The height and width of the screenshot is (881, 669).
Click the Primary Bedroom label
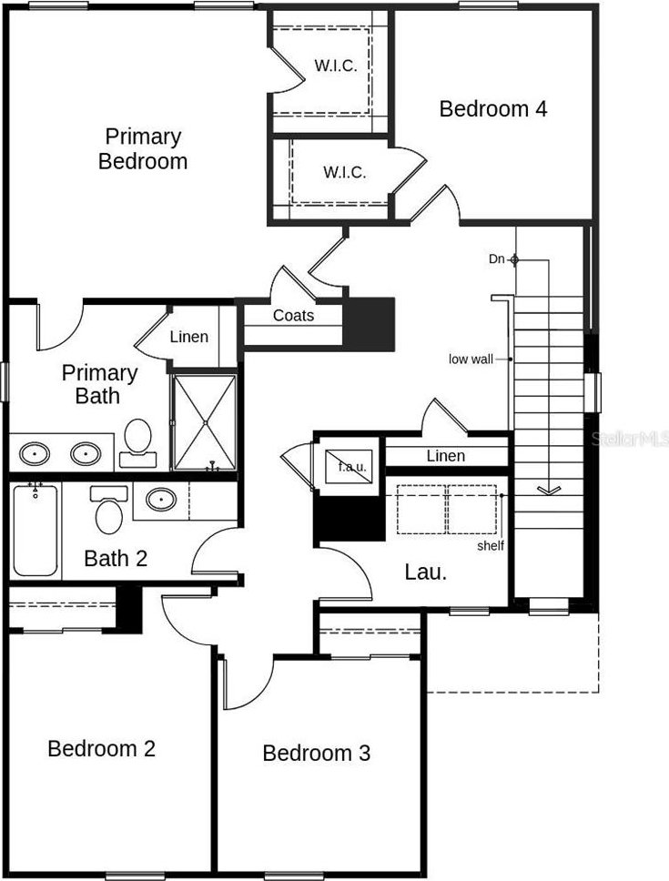tap(143, 149)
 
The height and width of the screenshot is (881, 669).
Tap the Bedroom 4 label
tap(492, 108)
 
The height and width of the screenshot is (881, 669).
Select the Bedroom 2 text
tap(101, 748)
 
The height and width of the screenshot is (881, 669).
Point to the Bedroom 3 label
tap(316, 753)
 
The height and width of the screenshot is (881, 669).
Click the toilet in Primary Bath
tap(137, 442)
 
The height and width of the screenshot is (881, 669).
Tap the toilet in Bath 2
tap(109, 510)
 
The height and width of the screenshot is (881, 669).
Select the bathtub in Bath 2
tap(35, 530)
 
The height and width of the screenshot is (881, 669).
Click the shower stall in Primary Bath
tap(205, 422)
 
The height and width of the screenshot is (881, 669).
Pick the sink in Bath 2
tap(161, 499)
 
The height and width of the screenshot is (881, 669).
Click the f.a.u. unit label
tap(351, 466)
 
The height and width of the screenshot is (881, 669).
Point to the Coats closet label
tap(293, 315)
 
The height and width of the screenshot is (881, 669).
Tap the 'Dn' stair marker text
tap(497, 259)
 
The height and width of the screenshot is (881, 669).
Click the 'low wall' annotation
tap(471, 359)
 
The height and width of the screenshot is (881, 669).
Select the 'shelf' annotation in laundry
tap(491, 545)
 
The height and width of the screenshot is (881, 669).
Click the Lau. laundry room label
tap(426, 572)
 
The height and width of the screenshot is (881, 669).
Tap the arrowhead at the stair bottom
tap(548, 490)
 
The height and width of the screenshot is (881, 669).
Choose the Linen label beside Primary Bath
tap(189, 337)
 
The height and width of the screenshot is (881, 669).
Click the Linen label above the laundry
tap(446, 456)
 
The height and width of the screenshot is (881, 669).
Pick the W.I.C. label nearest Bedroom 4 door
tap(344, 172)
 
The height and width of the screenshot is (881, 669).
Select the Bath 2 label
tap(116, 559)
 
